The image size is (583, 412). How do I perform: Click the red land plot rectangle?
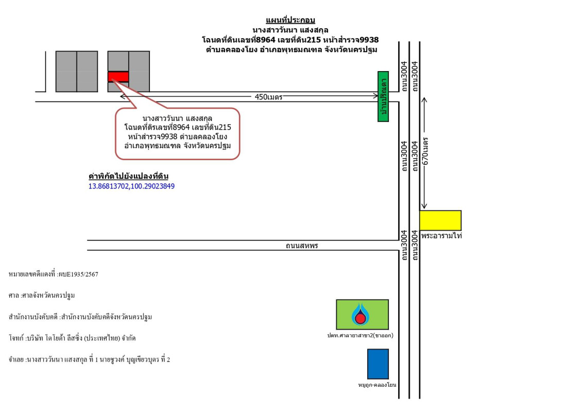coord(118,77)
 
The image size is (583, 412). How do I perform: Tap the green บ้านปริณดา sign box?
coord(383,97)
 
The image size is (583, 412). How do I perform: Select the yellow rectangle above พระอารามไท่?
coord(440,220)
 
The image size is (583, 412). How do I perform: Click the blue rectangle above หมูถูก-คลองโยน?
coord(378,364)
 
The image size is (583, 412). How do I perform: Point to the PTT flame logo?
coord(361,315)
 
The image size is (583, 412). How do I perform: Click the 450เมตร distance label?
coord(268,97)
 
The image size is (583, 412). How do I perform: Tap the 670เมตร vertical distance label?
coord(425,151)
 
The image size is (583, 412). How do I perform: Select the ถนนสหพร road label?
coord(301,246)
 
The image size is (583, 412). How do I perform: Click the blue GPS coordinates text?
coord(131,186)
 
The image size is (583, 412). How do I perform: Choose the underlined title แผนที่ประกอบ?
coord(290,20)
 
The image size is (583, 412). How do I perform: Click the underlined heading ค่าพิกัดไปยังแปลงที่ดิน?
coord(128,176)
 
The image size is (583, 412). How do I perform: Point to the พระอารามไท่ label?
coord(441,236)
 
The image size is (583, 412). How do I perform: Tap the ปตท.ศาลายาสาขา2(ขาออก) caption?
coord(360,335)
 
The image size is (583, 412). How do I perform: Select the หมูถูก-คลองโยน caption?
coord(377,385)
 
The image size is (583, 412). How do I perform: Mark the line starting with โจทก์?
coord(72,338)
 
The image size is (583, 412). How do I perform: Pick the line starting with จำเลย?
coord(89,359)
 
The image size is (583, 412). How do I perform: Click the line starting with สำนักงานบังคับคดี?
coord(80,317)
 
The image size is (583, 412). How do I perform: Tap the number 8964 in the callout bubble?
coord(181,128)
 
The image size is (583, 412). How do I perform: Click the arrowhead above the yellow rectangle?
coord(424,205)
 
